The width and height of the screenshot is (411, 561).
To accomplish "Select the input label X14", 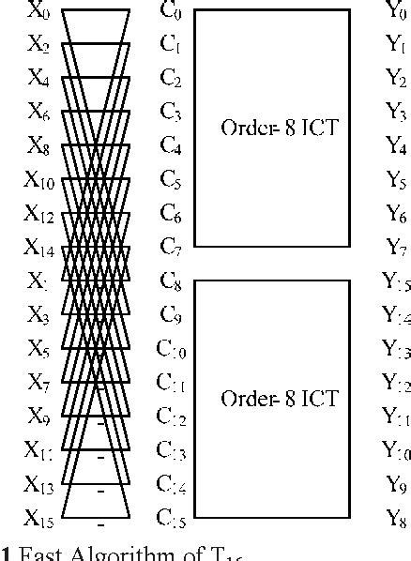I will (39, 248).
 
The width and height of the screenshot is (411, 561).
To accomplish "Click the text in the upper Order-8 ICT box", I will (272, 127).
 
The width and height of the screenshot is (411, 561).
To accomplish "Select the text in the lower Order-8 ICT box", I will (272, 398).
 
